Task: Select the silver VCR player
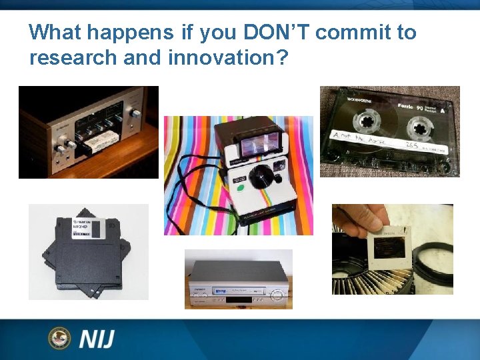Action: tap(238, 280)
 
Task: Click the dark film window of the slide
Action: tap(387, 248)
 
